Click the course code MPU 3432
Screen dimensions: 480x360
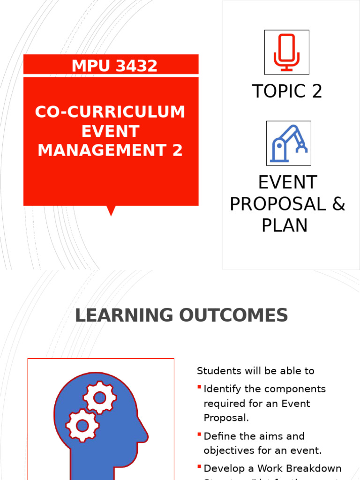(x=114, y=66)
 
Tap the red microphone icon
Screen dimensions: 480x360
(x=286, y=52)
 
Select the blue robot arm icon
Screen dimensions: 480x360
(x=288, y=143)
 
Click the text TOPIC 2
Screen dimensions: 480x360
(x=287, y=91)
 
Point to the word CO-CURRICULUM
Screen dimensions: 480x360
(x=110, y=112)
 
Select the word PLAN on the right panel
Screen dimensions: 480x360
(x=285, y=225)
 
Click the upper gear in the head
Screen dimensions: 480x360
(x=99, y=398)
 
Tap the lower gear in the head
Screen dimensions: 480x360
(x=82, y=426)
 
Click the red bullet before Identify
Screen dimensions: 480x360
(x=200, y=387)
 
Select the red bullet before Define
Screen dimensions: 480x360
(x=200, y=435)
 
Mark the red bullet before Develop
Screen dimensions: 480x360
(x=200, y=467)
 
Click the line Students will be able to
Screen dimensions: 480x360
(x=255, y=371)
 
